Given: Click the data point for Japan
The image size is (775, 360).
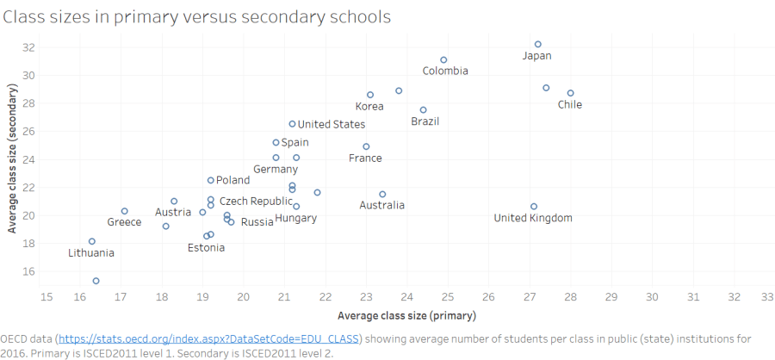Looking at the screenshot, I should pos(538,44).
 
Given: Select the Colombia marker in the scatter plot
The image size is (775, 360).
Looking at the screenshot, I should pos(443,59).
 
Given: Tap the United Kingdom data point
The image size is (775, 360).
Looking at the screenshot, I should pos(534,207).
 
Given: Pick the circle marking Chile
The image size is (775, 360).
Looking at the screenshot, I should pos(570,93).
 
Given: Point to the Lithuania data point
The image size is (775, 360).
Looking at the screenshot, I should pos(92,241).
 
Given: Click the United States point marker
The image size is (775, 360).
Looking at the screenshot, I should pos(293,124).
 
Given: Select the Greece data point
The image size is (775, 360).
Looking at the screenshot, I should pos(124,211).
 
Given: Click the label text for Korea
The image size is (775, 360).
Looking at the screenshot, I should pos(369,107).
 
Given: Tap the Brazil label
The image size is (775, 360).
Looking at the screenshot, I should pos(425,121).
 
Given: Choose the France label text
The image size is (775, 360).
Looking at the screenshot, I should pos(365,158).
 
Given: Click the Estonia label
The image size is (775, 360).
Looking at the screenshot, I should pos(207,248).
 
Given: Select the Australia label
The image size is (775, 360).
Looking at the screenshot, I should pos(381,205).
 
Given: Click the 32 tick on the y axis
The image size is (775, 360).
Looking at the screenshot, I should pos(28,47).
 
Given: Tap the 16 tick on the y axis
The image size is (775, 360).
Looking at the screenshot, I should pos(28,271).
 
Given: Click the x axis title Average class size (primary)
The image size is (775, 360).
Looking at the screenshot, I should pos(406,316).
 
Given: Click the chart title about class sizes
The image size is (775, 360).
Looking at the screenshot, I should pos(197,16).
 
